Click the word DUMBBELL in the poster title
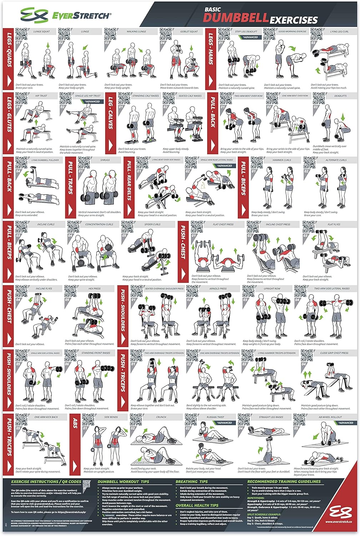[x=236, y=18]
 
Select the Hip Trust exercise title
[x=41, y=96]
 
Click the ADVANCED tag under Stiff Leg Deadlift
[x=250, y=37]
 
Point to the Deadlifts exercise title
[x=340, y=96]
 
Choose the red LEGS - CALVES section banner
[x=111, y=123]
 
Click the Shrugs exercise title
[x=105, y=160]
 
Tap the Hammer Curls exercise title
[x=282, y=160]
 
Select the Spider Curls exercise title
[x=152, y=224]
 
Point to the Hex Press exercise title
[x=94, y=288]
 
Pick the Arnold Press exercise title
[x=218, y=288]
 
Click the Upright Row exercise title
[x=272, y=288]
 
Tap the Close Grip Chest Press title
[x=334, y=353]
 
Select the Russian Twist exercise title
[x=216, y=417]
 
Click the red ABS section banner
[x=75, y=445]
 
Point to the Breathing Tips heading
[x=191, y=482]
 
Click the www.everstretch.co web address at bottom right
[x=340, y=522]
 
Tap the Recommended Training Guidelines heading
[x=284, y=482]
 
